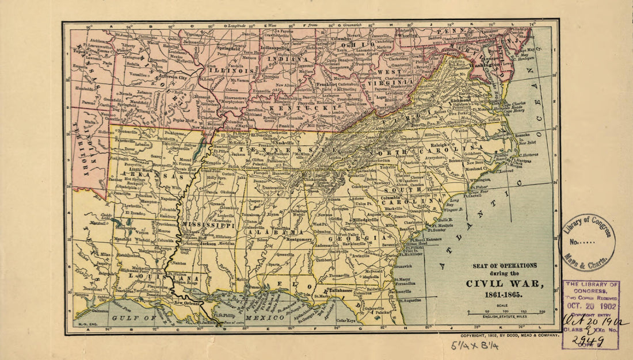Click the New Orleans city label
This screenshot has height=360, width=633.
tap(188, 302)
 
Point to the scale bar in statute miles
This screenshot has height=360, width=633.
tap(506, 312)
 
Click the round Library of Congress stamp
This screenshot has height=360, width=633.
tap(588, 242)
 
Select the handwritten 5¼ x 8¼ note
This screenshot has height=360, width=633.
tap(468, 346)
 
